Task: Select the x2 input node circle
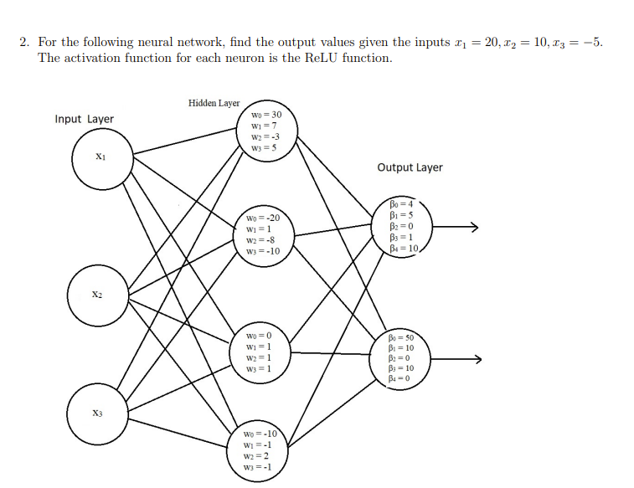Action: (98, 296)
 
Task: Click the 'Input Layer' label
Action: (84, 119)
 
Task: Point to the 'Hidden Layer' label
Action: (214, 103)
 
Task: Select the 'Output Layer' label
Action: (410, 167)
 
